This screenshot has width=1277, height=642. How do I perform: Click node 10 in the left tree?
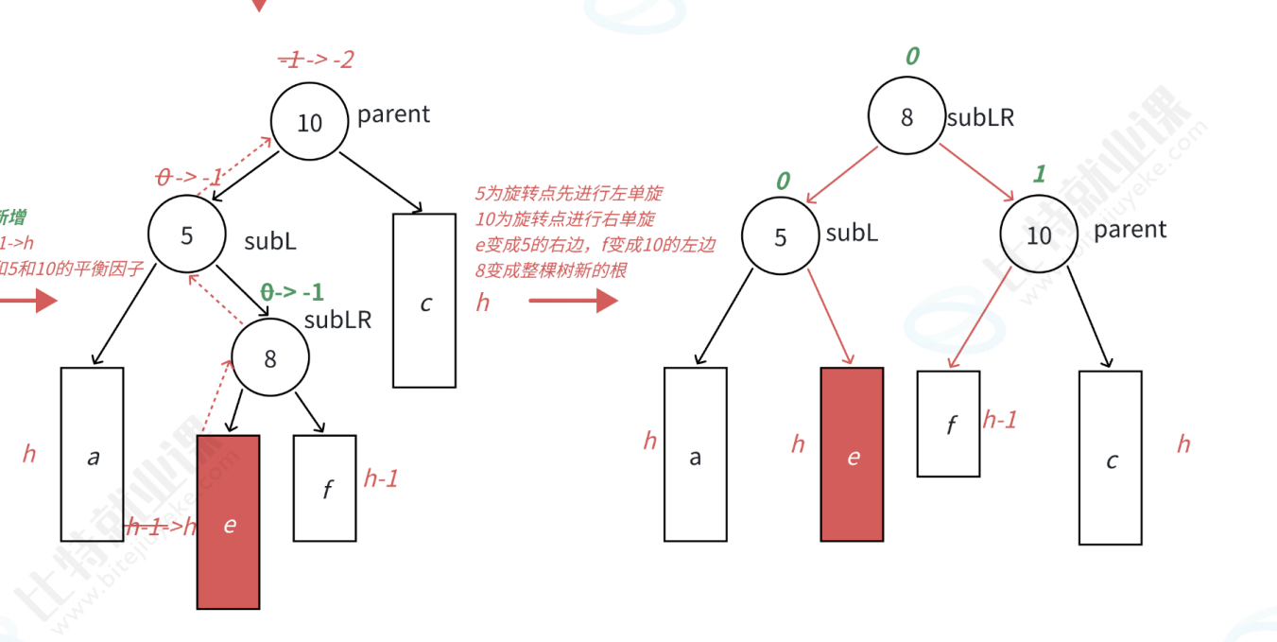(309, 122)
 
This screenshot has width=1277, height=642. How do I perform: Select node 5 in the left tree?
(186, 234)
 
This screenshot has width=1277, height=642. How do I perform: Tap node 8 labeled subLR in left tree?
(270, 358)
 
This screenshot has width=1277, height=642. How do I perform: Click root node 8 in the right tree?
(906, 117)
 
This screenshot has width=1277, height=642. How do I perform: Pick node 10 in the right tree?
(1039, 234)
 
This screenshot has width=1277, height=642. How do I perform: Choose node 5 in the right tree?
(780, 236)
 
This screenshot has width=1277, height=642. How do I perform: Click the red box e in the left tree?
(228, 522)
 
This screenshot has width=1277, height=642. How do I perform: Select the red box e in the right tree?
(853, 455)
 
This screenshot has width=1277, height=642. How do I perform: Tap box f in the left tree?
(325, 488)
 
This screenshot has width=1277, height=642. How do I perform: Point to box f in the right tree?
(948, 424)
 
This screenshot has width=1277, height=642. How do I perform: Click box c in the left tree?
(424, 301)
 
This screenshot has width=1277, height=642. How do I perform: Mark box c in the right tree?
(1111, 458)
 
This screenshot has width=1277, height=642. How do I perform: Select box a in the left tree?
(92, 454)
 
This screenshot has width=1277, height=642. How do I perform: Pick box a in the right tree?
(696, 455)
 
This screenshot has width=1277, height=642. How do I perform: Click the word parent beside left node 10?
(393, 114)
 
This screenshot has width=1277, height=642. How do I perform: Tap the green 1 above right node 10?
(1039, 174)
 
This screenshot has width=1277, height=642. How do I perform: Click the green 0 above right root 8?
(911, 57)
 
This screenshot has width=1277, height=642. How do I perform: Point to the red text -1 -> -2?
(317, 60)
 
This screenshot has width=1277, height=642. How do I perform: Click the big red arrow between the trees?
(573, 302)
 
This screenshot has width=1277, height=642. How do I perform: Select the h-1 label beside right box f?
(1000, 420)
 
